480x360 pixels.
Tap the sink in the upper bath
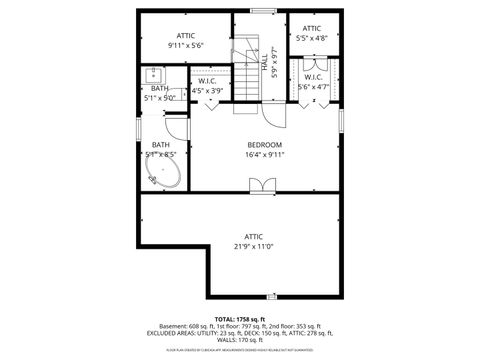tap(155, 75)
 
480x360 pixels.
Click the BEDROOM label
tap(265, 145)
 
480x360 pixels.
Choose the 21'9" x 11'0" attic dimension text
tap(254, 246)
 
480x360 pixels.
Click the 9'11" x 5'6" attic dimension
tap(185, 46)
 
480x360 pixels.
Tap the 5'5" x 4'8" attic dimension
tap(312, 39)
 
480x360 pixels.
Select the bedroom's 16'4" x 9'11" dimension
tap(265, 155)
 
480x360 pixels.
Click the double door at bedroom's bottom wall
tap(264, 185)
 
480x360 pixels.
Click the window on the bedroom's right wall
tap(340, 120)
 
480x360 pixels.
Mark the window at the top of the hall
tap(264, 12)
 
